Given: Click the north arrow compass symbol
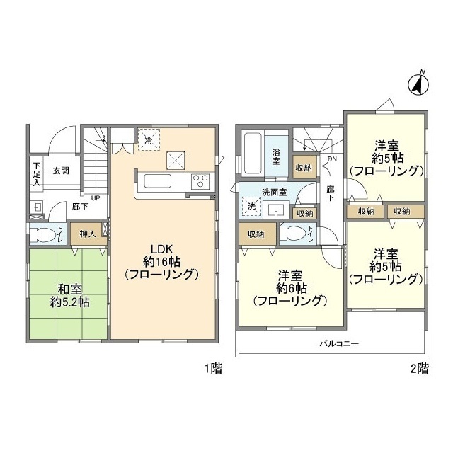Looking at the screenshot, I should click(418, 83).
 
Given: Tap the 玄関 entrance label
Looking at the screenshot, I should click(60, 171).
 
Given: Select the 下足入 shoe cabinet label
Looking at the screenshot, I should click(36, 174).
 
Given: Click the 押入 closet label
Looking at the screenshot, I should click(88, 233).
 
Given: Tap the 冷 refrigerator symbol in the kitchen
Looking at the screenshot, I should click(149, 139).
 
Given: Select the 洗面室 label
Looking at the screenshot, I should click(274, 192).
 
